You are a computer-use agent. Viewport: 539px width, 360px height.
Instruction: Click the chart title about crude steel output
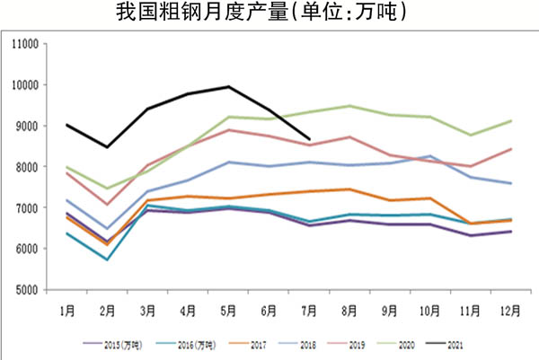pos(269,13)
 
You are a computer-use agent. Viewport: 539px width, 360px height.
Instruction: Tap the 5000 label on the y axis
pos(24,290)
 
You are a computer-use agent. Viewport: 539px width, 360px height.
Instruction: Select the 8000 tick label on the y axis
pos(24,167)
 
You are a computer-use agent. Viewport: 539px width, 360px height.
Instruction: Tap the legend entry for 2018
pos(300,342)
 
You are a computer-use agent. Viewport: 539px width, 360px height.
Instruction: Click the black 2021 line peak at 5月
pos(228,87)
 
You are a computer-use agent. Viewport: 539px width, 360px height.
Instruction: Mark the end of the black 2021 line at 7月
pos(309,139)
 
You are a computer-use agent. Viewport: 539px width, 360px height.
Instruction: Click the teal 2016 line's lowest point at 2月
pos(107,259)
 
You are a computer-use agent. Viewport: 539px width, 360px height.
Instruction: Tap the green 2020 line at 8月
pos(349,106)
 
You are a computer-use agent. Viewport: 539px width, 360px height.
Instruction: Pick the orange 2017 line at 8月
pos(349,189)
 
